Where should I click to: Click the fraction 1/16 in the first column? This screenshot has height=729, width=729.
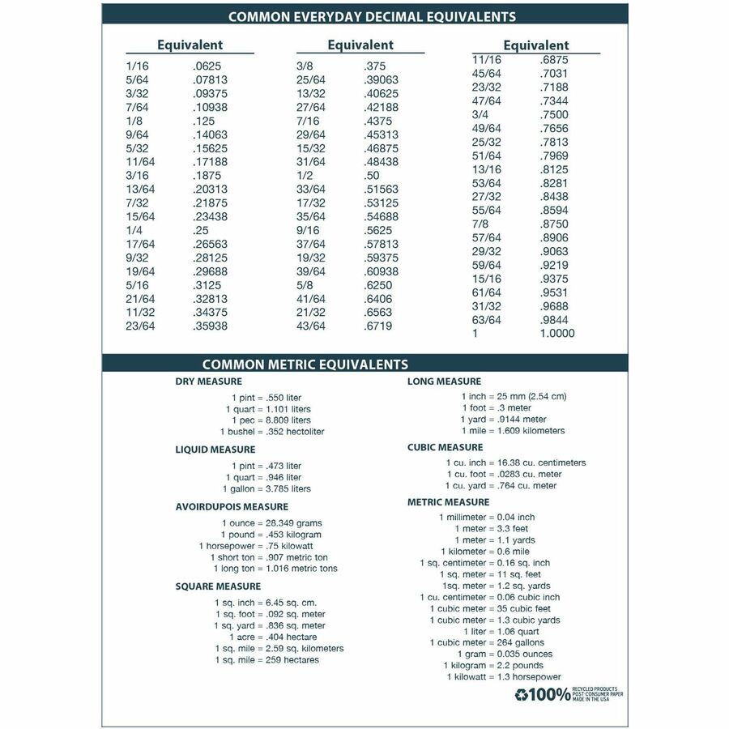pos(137,66)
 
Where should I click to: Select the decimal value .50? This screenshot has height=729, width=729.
pos(371,175)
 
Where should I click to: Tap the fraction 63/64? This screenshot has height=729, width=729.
pos(486,320)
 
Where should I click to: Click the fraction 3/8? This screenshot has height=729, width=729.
pos(305,66)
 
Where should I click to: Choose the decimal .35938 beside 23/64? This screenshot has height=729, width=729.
pos(210,326)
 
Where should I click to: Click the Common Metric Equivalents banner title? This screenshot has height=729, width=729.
pos(305,364)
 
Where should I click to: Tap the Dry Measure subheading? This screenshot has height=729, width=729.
pos(208,382)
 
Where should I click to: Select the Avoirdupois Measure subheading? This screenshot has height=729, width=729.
pos(220,507)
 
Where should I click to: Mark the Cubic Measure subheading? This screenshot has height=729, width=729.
pos(445,447)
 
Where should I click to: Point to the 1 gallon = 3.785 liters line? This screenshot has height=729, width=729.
pos(266,488)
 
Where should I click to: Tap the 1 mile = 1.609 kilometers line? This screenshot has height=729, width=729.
pos(512,431)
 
